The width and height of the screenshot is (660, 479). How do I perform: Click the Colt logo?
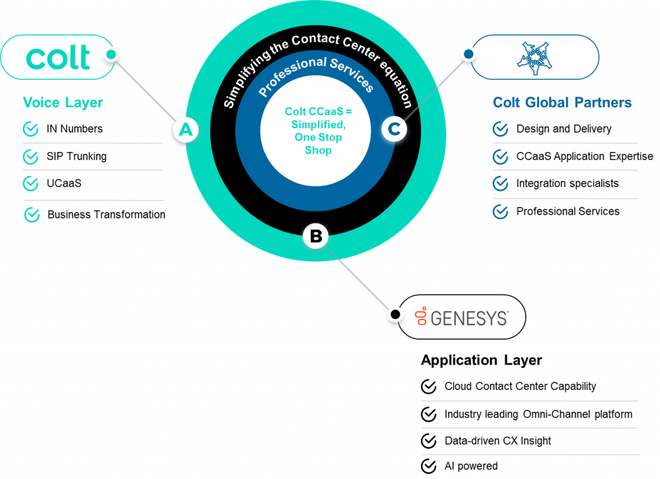(58, 58)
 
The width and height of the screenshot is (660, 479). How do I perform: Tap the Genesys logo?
(462, 317)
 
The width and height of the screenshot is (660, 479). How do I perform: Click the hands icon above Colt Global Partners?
(532, 57)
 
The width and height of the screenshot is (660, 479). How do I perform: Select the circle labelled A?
(186, 131)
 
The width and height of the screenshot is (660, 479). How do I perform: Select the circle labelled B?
(316, 237)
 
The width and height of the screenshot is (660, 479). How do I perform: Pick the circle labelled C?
(394, 130)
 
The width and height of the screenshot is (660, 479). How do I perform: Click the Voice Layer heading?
(63, 103)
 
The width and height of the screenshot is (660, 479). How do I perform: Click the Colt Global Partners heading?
(562, 103)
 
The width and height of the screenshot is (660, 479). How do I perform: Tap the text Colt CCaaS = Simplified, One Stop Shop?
(318, 131)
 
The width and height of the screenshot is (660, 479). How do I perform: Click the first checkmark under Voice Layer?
(31, 130)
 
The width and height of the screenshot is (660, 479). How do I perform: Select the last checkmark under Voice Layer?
(32, 214)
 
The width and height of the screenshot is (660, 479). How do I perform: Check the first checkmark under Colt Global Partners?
(500, 130)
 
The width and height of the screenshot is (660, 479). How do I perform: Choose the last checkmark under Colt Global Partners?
(500, 211)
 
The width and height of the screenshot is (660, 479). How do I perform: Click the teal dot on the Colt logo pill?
(111, 55)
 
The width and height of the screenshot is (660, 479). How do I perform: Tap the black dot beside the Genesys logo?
(394, 315)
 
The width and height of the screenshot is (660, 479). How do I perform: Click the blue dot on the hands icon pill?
(469, 55)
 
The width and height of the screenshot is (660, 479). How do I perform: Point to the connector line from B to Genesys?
(358, 277)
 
